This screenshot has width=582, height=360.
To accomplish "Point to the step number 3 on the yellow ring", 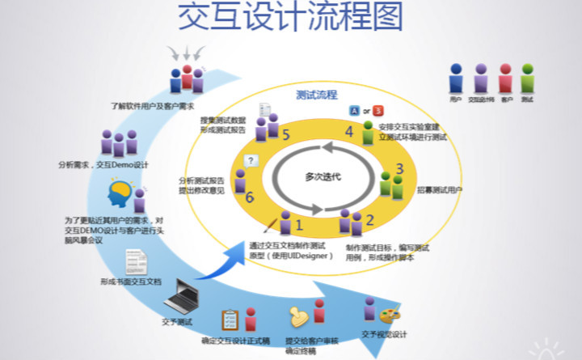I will [399, 169].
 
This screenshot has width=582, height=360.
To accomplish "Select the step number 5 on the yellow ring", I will [286, 135].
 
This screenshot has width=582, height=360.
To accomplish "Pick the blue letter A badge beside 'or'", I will [353, 109].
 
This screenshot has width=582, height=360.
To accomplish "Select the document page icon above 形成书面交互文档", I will [135, 262].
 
